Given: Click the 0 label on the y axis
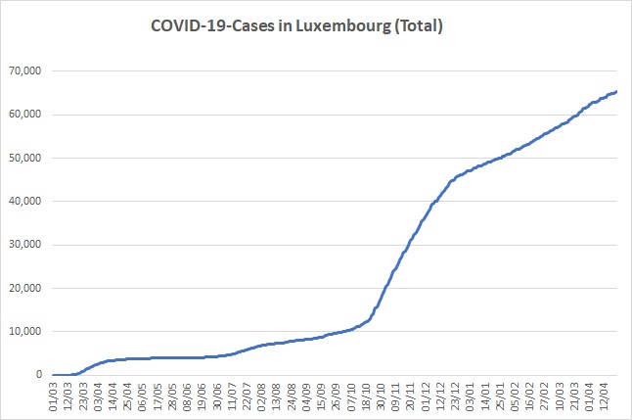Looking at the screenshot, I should tap(40, 375).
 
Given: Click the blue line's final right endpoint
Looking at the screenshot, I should tap(616, 91).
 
